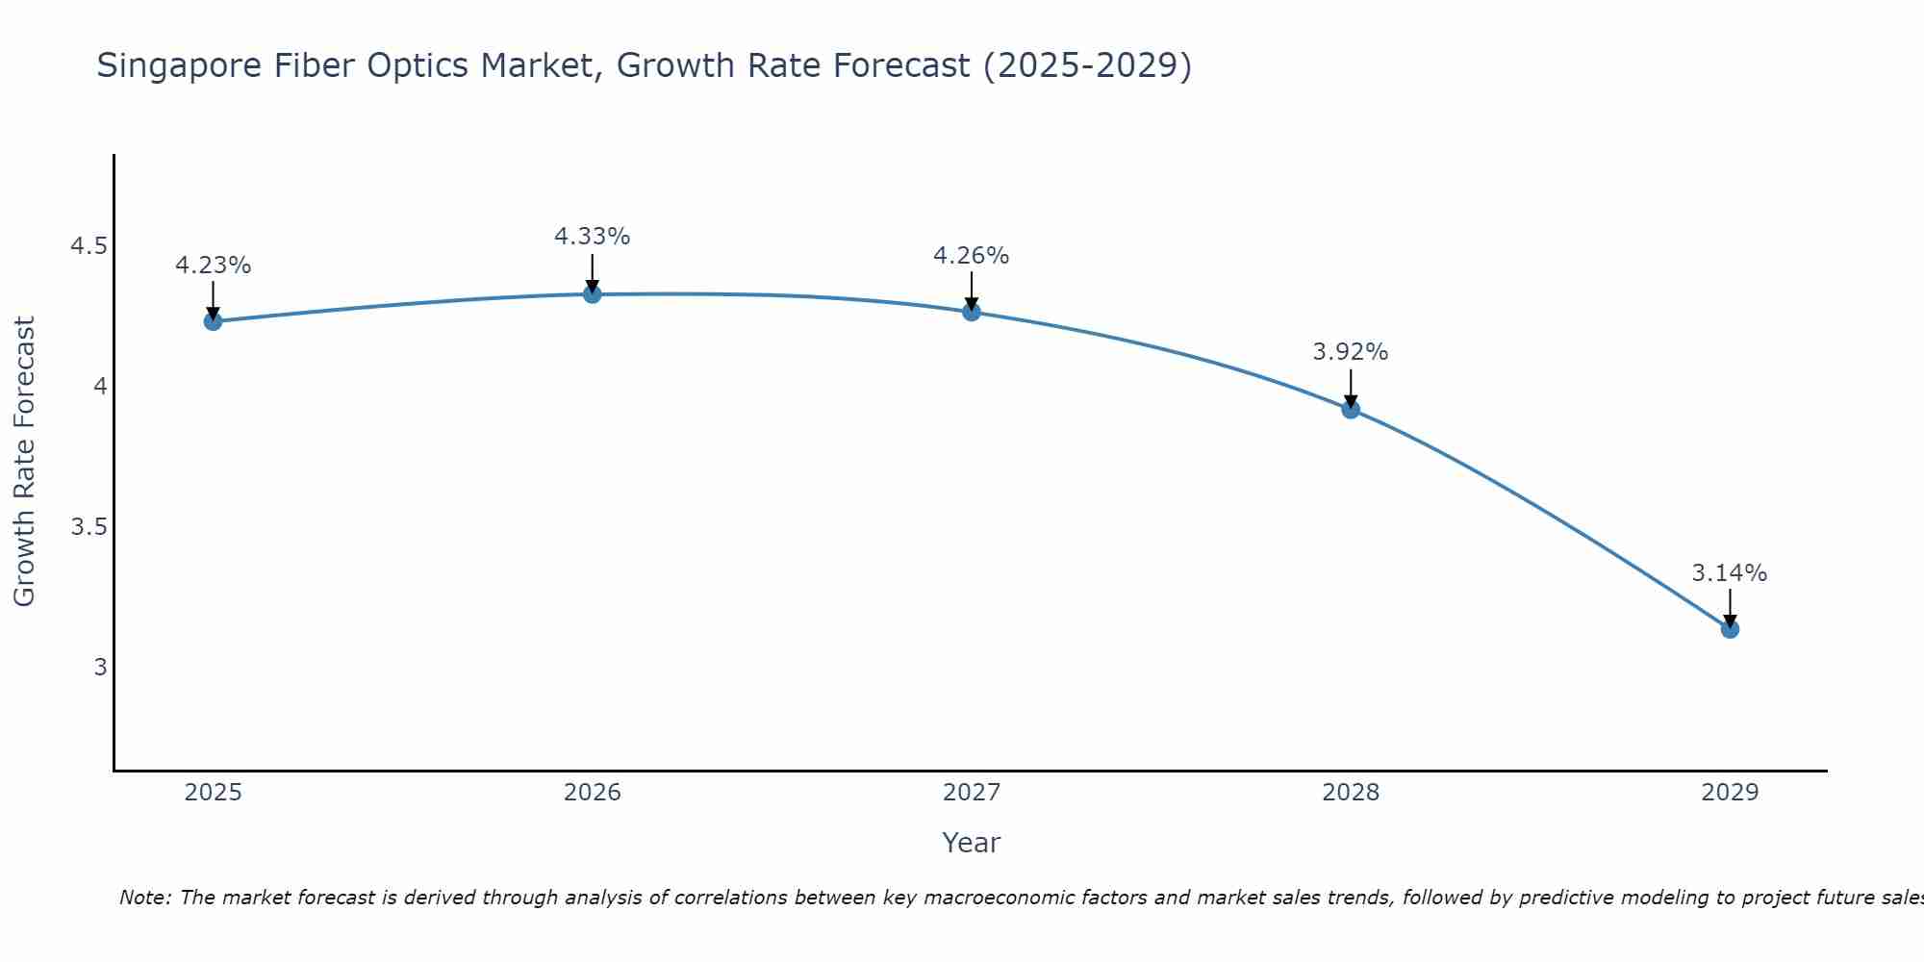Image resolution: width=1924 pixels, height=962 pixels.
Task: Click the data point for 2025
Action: coord(214,321)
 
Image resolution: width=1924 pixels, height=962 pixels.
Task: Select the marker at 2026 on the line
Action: coord(593,293)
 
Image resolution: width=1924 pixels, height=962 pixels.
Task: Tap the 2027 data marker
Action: coord(972,312)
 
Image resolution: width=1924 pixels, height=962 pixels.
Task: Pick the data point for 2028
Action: coord(1351,409)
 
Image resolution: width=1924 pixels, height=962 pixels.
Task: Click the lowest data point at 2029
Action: coord(1730,629)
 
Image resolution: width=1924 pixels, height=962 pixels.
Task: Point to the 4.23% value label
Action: coord(214,266)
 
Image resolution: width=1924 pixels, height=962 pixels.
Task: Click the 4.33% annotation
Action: coord(593,237)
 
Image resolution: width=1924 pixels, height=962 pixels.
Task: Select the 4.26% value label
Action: coord(972,256)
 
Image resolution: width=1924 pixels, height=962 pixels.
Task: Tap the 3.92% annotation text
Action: coord(1351,352)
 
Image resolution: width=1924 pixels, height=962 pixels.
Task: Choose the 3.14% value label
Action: coord(1730,573)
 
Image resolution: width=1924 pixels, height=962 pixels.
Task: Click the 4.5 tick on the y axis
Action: coord(89,246)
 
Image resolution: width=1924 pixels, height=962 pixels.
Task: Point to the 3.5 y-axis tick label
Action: coord(89,527)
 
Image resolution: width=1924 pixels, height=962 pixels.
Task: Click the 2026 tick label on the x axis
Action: coord(593,793)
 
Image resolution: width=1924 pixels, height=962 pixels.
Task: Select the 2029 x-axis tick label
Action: coord(1730,793)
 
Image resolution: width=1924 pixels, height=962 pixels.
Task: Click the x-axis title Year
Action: coord(972,843)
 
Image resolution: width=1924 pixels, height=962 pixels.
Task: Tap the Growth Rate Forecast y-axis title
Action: coord(25,462)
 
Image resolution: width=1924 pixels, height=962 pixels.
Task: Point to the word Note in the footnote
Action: coord(143,898)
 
